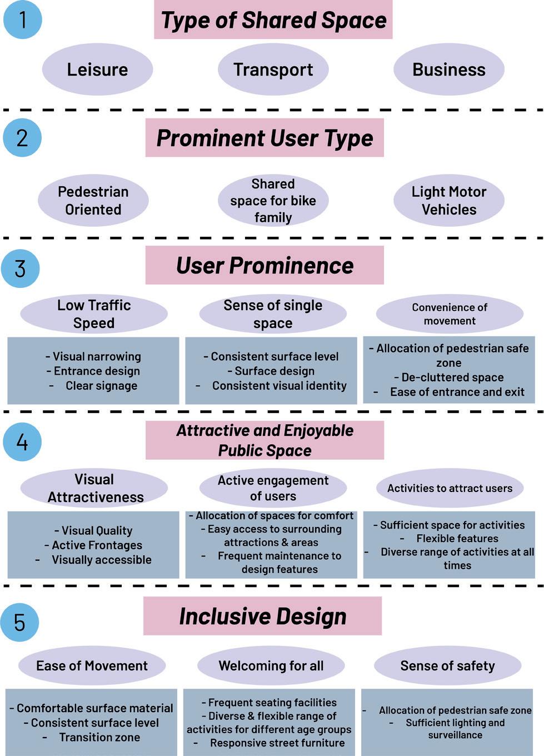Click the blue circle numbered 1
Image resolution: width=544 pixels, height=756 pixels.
click(22, 19)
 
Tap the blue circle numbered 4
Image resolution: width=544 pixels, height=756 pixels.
click(22, 442)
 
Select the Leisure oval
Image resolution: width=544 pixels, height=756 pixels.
click(97, 69)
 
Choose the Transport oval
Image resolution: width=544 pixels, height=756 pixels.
click(273, 69)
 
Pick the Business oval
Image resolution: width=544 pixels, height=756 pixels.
click(448, 69)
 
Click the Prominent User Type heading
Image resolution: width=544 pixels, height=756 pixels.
click(264, 138)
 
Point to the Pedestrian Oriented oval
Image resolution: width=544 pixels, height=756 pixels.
click(93, 201)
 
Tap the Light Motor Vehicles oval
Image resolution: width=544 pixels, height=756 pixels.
click(448, 201)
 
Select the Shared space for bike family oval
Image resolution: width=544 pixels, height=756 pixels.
click(273, 201)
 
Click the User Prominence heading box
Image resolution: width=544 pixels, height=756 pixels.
click(264, 265)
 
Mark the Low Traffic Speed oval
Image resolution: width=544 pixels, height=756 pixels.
click(93, 314)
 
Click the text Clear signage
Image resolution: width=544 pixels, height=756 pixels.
click(101, 386)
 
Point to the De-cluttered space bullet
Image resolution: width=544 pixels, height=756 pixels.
click(452, 377)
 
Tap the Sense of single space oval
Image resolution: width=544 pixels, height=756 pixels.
click(272, 314)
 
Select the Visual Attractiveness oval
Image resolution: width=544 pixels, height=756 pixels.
click(94, 488)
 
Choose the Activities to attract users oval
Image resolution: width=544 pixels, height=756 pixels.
click(450, 488)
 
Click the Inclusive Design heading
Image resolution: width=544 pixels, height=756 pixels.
click(262, 616)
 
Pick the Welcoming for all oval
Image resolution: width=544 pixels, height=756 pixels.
click(271, 665)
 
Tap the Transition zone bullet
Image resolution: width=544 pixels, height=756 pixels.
click(99, 738)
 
